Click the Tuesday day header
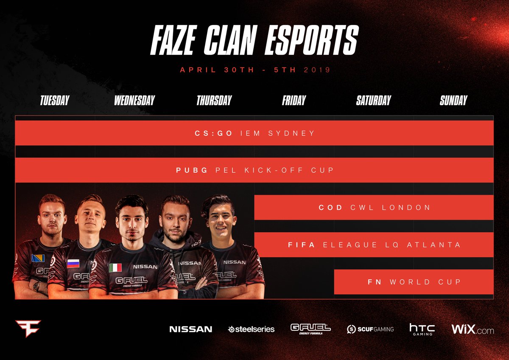(x=54, y=101)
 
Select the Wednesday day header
(x=134, y=101)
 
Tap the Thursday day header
(x=214, y=101)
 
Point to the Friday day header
(x=294, y=101)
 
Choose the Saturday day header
(x=374, y=101)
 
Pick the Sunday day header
(x=453, y=101)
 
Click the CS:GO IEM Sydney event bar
(x=255, y=133)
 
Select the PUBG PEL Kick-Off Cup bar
(x=255, y=170)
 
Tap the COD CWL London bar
(x=374, y=208)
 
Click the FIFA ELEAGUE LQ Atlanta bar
(x=374, y=245)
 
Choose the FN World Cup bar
(x=414, y=282)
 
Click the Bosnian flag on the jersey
(x=38, y=258)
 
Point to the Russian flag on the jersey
(x=73, y=264)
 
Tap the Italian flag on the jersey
(x=115, y=267)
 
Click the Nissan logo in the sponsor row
(x=190, y=329)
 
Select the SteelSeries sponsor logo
(x=252, y=329)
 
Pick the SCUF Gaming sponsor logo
(x=370, y=329)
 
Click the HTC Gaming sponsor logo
(x=422, y=329)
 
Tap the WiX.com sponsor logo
(x=473, y=329)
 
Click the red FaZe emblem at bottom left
(x=28, y=328)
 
